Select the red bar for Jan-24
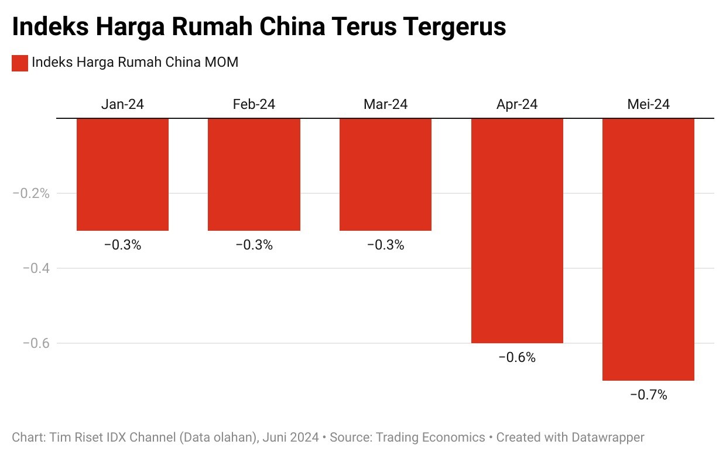tap(123, 175)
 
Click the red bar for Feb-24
tap(254, 175)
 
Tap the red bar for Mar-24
tap(385, 175)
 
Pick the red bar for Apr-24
tap(517, 231)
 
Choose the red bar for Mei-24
tap(648, 249)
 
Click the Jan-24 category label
tap(122, 104)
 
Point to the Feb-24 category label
tap(254, 104)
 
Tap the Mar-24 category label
tap(385, 104)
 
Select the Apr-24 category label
tap(517, 104)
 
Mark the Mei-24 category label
tap(648, 104)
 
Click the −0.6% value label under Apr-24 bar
tap(517, 357)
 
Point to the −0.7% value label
tap(648, 395)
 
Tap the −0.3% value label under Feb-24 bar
tap(254, 245)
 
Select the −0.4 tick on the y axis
tap(36, 268)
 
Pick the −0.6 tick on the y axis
tap(36, 343)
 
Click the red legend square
tap(20, 63)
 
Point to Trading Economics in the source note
tap(430, 438)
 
